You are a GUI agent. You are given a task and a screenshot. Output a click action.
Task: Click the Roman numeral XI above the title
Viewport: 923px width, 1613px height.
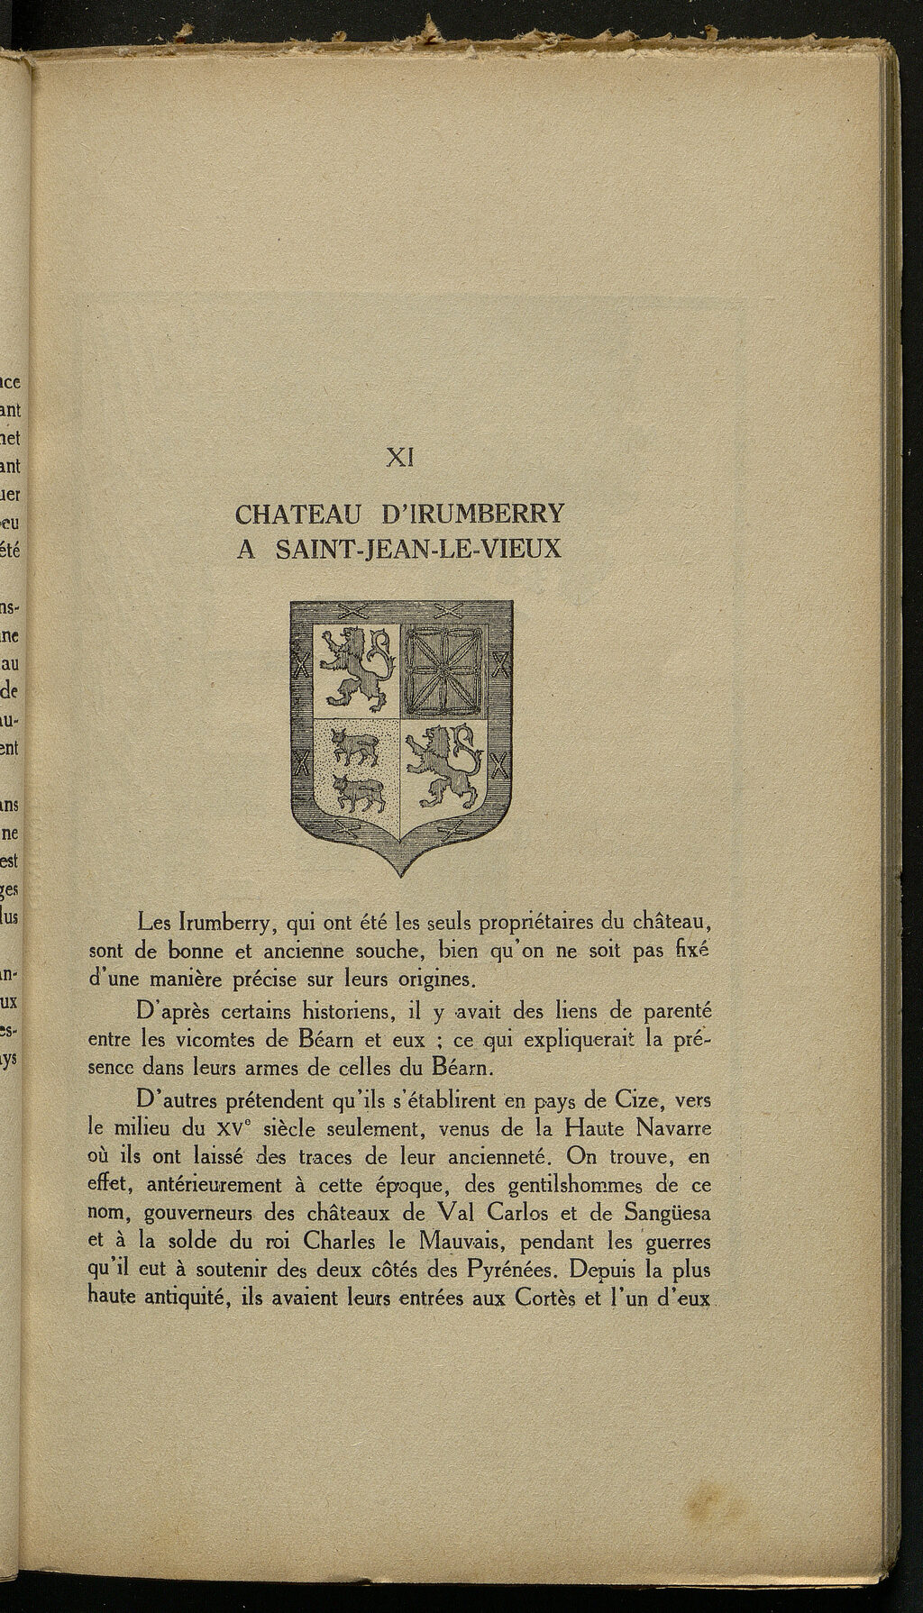pos(399,458)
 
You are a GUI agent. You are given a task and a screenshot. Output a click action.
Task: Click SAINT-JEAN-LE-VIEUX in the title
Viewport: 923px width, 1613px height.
pos(417,548)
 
